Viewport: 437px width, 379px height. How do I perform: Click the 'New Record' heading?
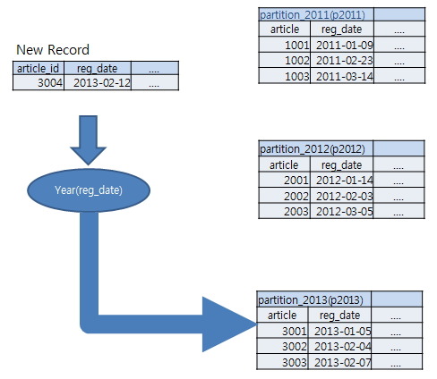pos(53,50)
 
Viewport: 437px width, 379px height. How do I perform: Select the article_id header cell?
pos(39,68)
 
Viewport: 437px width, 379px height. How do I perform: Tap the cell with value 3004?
pos(39,82)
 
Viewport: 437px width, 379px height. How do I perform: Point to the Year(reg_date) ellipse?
pos(89,190)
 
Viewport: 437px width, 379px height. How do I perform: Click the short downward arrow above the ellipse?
pos(88,140)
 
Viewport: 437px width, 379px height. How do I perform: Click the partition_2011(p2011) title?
pos(313,14)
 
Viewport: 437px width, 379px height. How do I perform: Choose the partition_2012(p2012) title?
pos(313,148)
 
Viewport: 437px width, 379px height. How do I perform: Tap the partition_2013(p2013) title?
pos(311,299)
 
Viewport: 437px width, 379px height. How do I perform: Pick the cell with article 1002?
pos(285,61)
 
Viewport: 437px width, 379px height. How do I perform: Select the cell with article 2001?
pos(284,181)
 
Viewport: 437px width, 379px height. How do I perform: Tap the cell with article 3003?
pos(282,362)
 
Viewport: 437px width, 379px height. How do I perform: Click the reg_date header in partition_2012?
pos(342,164)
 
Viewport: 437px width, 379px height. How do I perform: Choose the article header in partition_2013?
pos(282,315)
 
